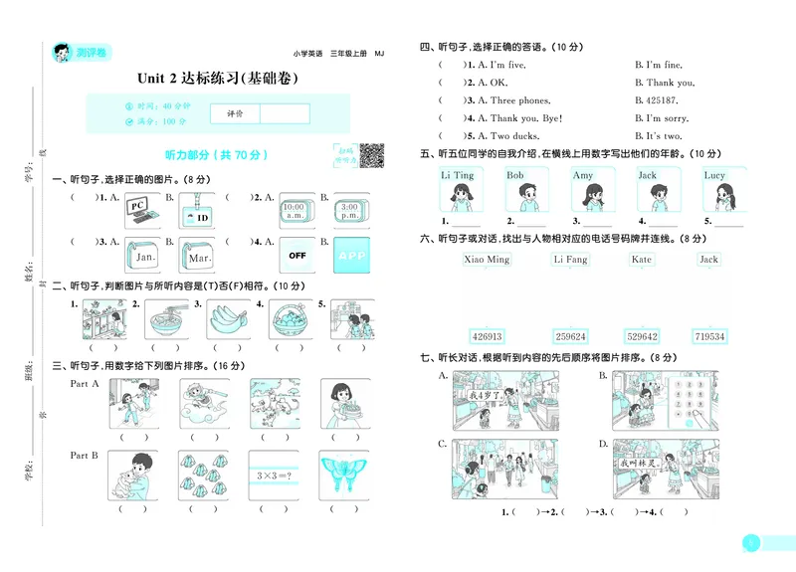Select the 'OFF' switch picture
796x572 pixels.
297,256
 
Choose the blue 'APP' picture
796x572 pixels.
351,256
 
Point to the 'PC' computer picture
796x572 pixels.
142,210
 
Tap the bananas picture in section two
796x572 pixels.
227,319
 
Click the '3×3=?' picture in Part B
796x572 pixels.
265,471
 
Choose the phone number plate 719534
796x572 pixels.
709,336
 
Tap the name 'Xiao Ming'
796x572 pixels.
487,260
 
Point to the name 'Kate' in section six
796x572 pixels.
642,260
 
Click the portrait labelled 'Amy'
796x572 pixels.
583,189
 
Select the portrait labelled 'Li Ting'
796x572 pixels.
458,189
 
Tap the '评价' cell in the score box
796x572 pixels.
235,113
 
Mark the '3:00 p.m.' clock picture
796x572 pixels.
351,210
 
